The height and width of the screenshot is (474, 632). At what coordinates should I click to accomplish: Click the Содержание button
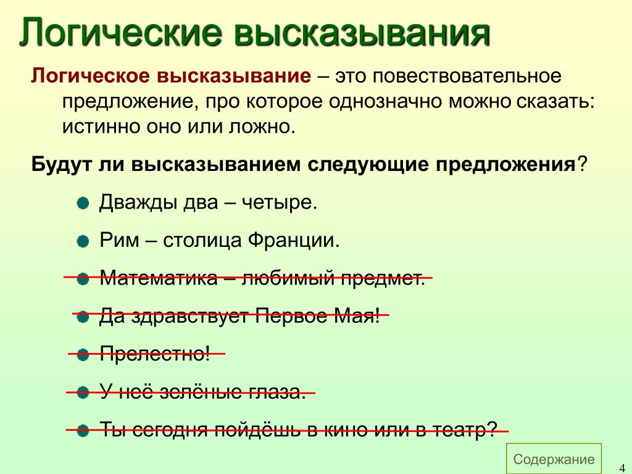554,459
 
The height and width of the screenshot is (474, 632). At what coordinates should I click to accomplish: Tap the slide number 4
622,468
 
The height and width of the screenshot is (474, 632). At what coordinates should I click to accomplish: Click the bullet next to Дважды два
83,203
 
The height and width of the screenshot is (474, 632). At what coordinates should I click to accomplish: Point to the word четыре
279,202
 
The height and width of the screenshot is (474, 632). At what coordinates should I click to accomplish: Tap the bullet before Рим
83,242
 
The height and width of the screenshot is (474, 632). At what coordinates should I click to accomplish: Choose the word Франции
293,241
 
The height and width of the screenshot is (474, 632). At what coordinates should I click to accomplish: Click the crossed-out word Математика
159,278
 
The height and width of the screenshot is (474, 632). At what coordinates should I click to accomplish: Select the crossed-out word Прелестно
155,354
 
